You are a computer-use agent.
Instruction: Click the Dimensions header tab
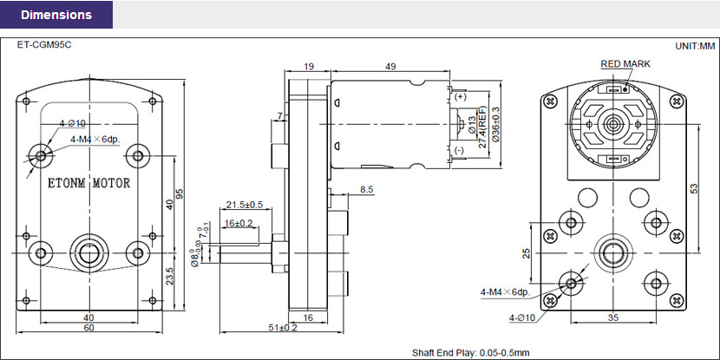click(x=56, y=15)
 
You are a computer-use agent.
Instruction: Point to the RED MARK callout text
click(x=625, y=64)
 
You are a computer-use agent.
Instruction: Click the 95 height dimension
click(x=180, y=194)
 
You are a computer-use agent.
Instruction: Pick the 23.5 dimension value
click(x=169, y=276)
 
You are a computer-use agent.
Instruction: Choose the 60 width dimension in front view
click(x=88, y=328)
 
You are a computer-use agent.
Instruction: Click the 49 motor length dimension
click(x=390, y=66)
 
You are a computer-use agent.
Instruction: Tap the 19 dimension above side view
click(x=309, y=66)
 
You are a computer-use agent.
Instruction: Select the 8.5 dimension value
click(x=366, y=188)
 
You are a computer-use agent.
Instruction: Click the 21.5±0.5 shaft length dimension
click(x=245, y=205)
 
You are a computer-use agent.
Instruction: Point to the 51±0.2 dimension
click(x=283, y=328)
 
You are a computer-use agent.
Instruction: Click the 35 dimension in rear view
click(x=613, y=318)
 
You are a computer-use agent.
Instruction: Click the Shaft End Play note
click(x=470, y=352)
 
